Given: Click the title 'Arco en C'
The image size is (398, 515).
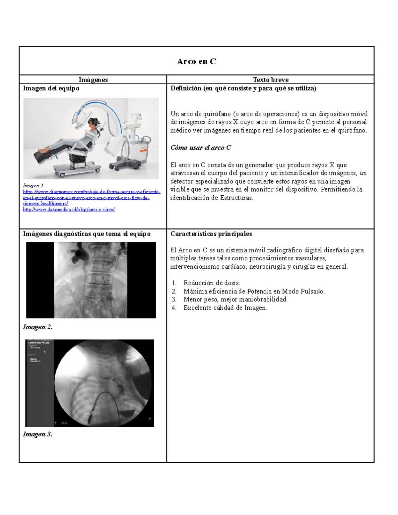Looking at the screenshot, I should coord(196,61).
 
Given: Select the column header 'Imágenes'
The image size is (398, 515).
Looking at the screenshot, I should coord(93,80).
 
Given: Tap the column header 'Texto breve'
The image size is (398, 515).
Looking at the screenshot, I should coord(270,80).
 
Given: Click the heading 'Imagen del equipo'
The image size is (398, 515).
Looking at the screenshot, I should coord(51,88).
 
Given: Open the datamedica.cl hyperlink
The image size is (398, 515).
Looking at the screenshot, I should coord(69,210).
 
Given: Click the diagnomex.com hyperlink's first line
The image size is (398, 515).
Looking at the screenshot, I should coord(92,192).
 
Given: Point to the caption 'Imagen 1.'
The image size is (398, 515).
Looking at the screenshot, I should coord(33,186).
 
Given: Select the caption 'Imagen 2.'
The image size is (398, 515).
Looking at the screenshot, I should coord(37,327).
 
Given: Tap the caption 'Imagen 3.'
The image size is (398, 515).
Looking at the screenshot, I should coord(37,434).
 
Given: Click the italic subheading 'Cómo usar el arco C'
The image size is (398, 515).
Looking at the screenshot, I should coord(200,148).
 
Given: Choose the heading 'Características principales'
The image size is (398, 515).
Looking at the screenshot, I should coord(211,234).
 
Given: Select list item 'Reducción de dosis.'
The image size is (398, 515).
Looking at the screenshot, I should coord(212,283).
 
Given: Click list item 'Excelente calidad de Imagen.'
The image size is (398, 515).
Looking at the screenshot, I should coord(225,308).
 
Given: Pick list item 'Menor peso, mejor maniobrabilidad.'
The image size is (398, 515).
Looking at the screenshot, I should coord(235,299).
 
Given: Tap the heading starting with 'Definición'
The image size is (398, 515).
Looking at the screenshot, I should coord(243,88).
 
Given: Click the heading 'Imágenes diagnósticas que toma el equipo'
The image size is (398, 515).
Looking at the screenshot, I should coord(87,234).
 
